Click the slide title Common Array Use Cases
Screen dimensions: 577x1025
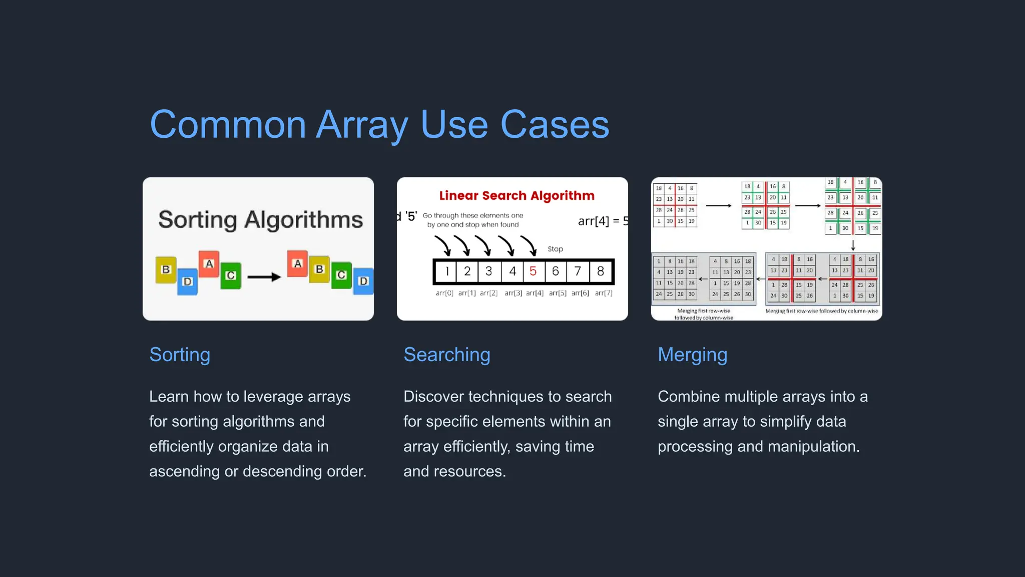pyautogui.click(x=379, y=124)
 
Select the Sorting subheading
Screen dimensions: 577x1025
pyautogui.click(x=180, y=355)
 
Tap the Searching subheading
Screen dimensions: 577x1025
pyautogui.click(x=446, y=355)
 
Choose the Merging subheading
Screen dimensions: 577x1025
pyautogui.click(x=692, y=355)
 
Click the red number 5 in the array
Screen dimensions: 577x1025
pyautogui.click(x=533, y=271)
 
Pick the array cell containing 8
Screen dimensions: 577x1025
pyautogui.click(x=601, y=271)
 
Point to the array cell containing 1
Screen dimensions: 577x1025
pyautogui.click(x=446, y=271)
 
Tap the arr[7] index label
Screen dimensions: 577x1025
pyautogui.click(x=604, y=293)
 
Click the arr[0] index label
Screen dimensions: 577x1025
pyautogui.click(x=444, y=293)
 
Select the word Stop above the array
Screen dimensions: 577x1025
pyautogui.click(x=555, y=249)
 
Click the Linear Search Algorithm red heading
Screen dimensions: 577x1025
pyautogui.click(x=517, y=195)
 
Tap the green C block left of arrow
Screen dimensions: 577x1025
pyautogui.click(x=231, y=275)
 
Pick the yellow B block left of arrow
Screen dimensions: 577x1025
pyautogui.click(x=166, y=269)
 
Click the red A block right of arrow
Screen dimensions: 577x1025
pyautogui.click(x=297, y=263)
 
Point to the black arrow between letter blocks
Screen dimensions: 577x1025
pyautogui.click(x=264, y=277)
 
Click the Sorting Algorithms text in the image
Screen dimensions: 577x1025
pyautogui.click(x=260, y=219)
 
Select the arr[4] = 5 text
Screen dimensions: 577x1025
pyautogui.click(x=603, y=221)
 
